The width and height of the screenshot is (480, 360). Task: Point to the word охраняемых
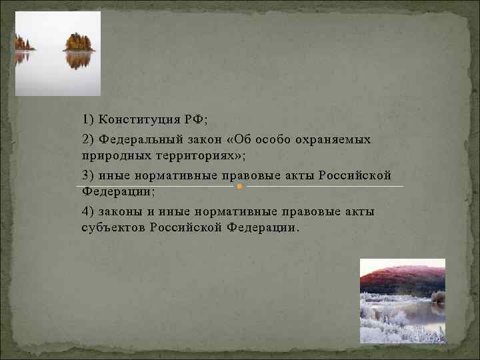pos(335,140)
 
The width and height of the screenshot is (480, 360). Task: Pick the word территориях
pos(188,155)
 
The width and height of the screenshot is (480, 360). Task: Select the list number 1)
pos(88,119)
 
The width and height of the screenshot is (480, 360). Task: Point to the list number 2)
pos(88,140)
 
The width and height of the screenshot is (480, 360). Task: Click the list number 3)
pos(88,175)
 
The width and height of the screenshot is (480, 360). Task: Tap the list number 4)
pos(88,212)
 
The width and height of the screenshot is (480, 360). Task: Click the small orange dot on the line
pos(239,187)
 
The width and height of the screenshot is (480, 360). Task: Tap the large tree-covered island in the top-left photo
pos(79,43)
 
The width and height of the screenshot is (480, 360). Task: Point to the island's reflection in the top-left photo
pos(79,60)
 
